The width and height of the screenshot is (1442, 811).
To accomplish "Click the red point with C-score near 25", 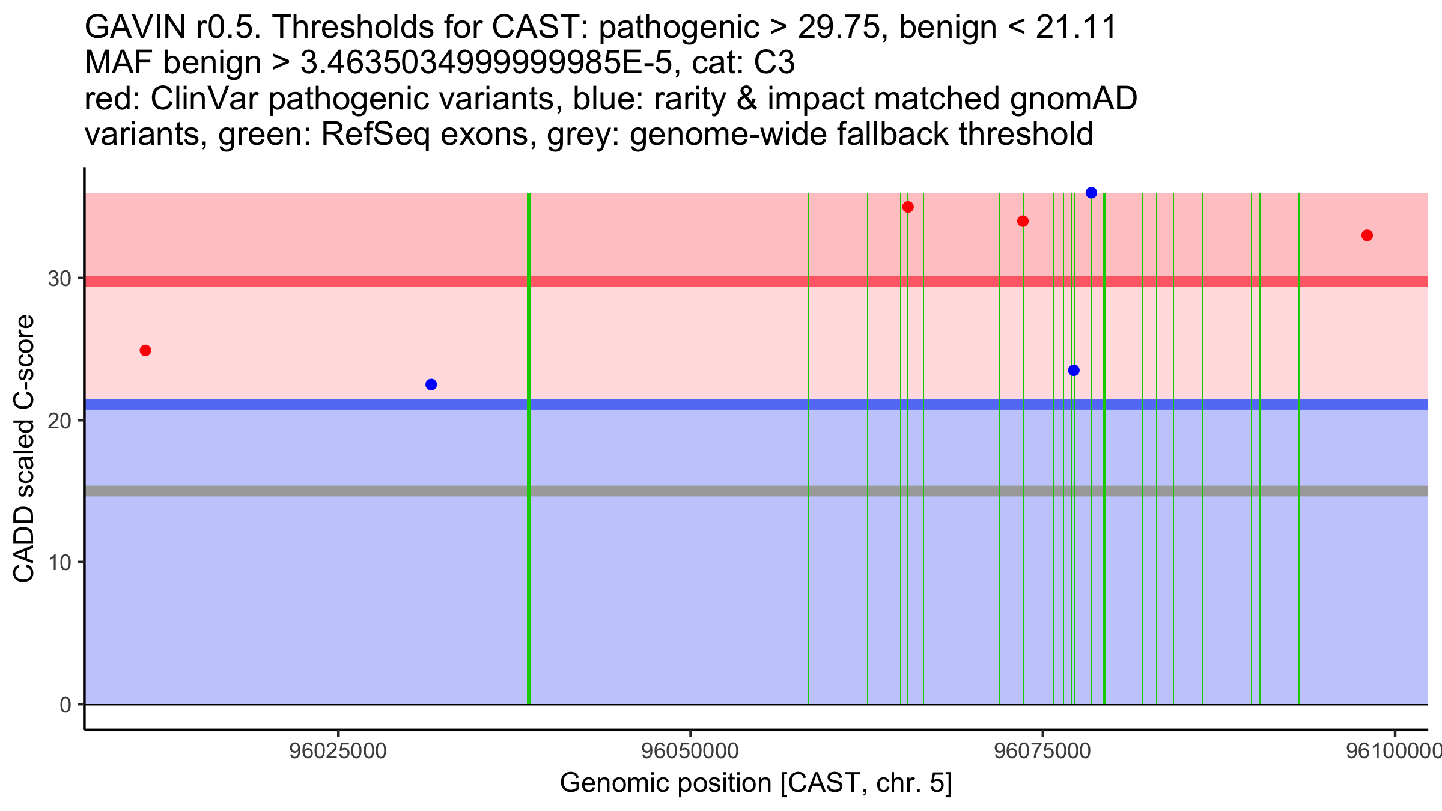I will pyautogui.click(x=145, y=350).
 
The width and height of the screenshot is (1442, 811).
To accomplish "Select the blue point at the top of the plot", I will pyautogui.click(x=1091, y=193).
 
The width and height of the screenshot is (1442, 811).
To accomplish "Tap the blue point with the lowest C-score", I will pyautogui.click(x=431, y=384).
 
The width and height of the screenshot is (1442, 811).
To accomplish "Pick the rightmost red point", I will pyautogui.click(x=1367, y=235).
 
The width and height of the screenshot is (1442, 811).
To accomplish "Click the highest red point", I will pyautogui.click(x=908, y=207).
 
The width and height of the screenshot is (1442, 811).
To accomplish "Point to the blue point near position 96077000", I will pyautogui.click(x=1074, y=370).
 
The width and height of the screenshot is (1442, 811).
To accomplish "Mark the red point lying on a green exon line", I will pyautogui.click(x=1023, y=221).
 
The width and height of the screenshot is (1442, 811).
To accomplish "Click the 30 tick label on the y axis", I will pyautogui.click(x=59, y=279).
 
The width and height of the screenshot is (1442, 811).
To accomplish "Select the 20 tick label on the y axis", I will pyautogui.click(x=59, y=421).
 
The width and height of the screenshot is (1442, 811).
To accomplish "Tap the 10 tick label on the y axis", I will pyautogui.click(x=59, y=562).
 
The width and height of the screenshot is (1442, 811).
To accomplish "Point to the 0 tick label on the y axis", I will pyautogui.click(x=65, y=705).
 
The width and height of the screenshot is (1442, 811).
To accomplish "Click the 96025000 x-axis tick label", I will pyautogui.click(x=338, y=752).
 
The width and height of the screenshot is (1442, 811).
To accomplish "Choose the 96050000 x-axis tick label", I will pyautogui.click(x=690, y=752).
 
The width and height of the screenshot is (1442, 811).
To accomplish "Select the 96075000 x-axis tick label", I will pyautogui.click(x=1042, y=752).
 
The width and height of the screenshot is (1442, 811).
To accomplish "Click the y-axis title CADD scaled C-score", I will pyautogui.click(x=24, y=448).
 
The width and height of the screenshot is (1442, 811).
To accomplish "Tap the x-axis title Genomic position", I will pyautogui.click(x=756, y=783).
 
